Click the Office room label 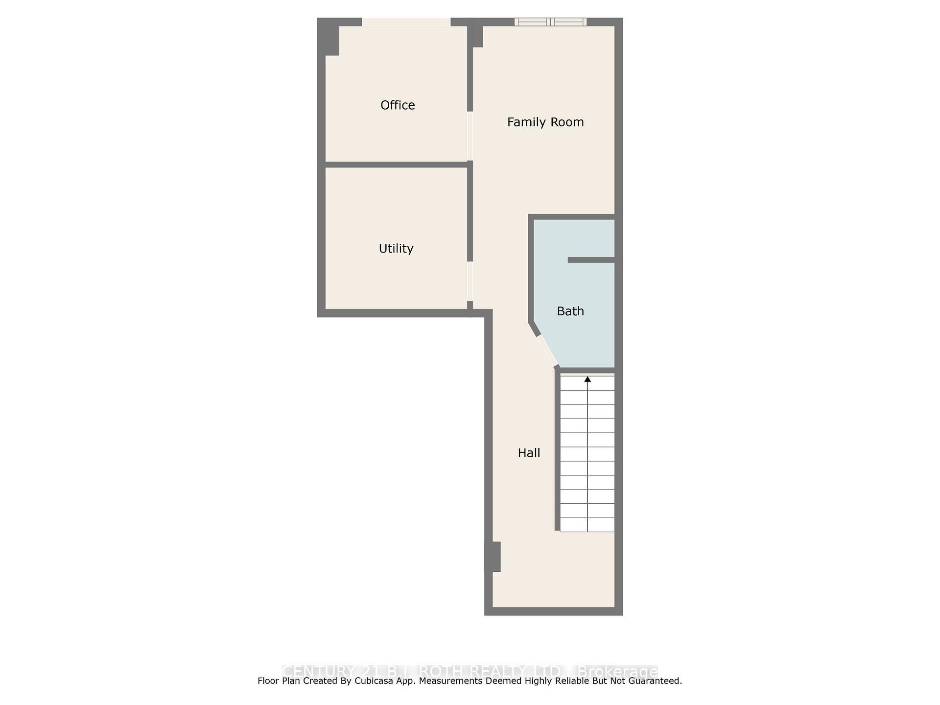(x=398, y=105)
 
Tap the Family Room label (x=545, y=122)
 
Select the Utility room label (x=396, y=248)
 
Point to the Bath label (x=570, y=311)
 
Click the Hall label (x=529, y=453)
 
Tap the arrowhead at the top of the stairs (x=587, y=379)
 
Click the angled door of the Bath (x=547, y=351)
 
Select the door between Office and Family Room (x=470, y=136)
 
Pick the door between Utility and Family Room (x=470, y=281)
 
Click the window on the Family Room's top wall (x=550, y=22)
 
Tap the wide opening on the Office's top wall (x=406, y=22)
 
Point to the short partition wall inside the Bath (x=591, y=260)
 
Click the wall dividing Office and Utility (x=396, y=164)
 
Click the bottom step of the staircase (x=587, y=525)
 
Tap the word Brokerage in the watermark (x=618, y=671)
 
